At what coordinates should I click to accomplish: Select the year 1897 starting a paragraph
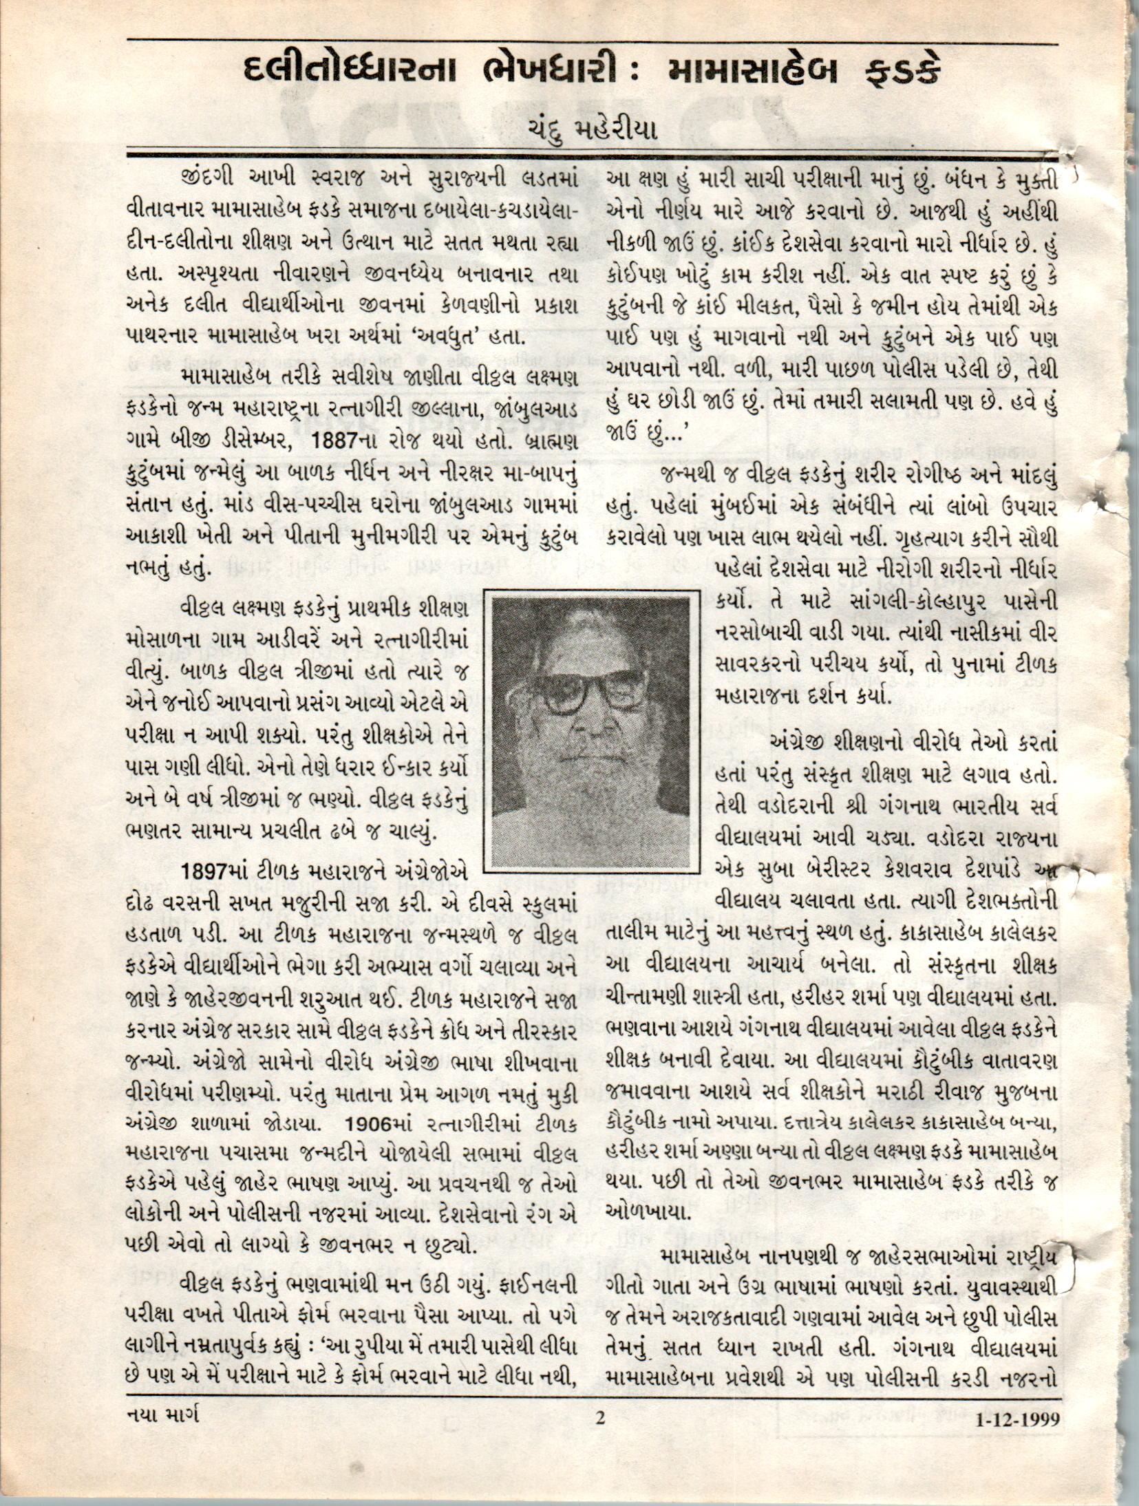tap(203, 871)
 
